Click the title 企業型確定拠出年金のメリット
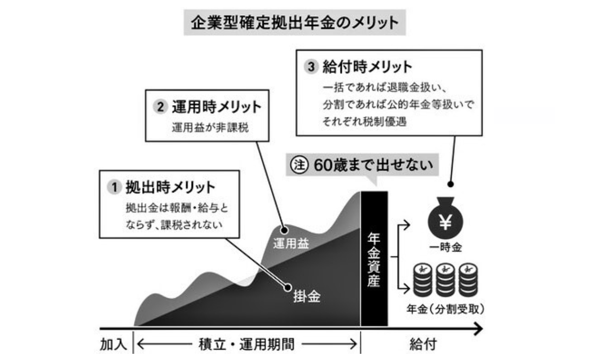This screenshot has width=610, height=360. click(x=294, y=22)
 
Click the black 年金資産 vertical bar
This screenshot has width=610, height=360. click(x=374, y=259)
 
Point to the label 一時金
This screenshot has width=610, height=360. click(x=445, y=247)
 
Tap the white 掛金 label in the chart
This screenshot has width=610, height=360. click(x=307, y=298)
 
